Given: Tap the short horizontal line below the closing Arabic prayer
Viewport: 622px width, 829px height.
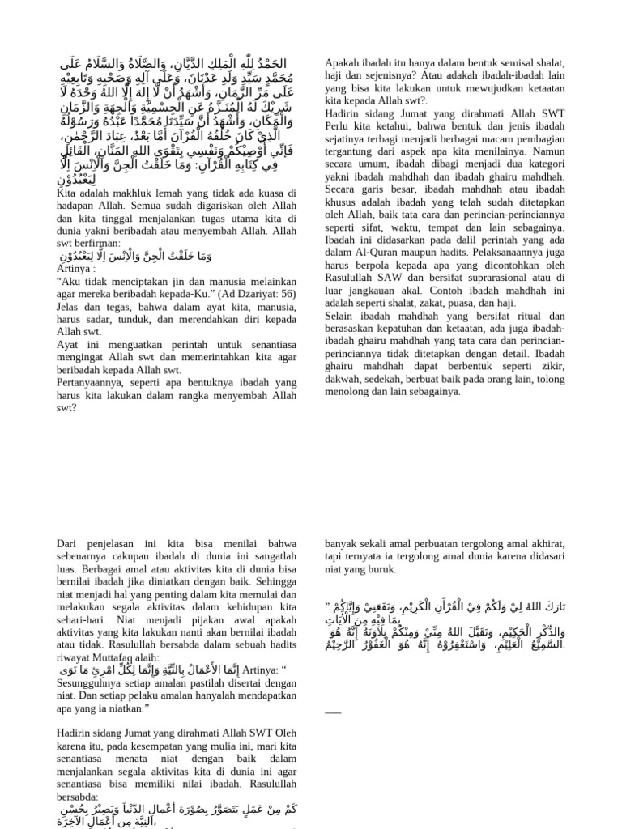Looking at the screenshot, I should [x=333, y=712].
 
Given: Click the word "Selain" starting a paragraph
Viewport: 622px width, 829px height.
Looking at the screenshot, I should [x=341, y=315].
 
